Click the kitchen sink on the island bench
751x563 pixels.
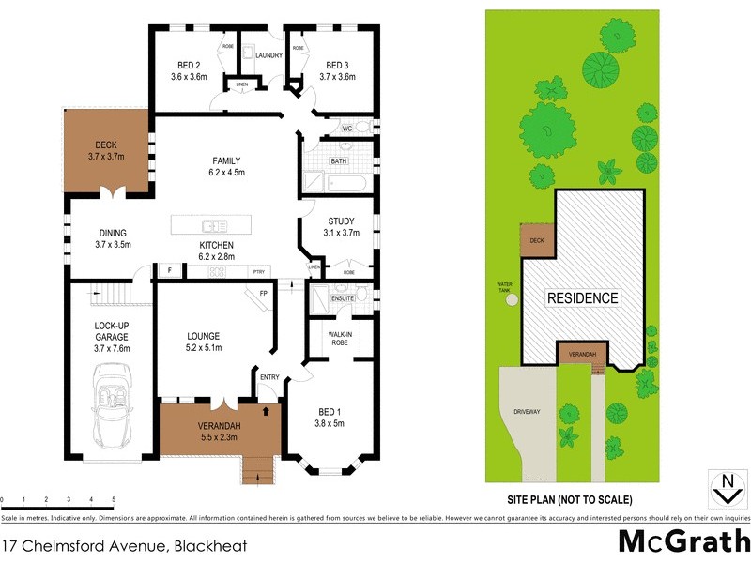(215, 225)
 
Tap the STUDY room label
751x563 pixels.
(340, 221)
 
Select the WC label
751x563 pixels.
(346, 128)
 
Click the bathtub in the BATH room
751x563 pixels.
(324, 180)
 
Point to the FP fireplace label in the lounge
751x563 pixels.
(263, 293)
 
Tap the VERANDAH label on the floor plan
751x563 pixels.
(219, 427)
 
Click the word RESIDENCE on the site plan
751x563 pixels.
(583, 298)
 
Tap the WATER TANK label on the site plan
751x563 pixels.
(504, 288)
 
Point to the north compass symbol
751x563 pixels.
(724, 488)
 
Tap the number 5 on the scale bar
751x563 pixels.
(114, 499)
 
